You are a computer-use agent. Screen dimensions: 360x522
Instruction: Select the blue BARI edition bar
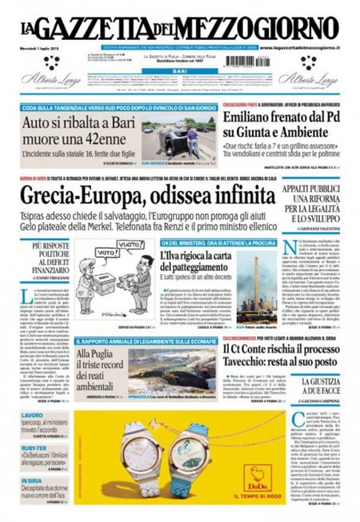[180, 70]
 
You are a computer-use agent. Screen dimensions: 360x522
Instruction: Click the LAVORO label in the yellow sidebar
[33, 416]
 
